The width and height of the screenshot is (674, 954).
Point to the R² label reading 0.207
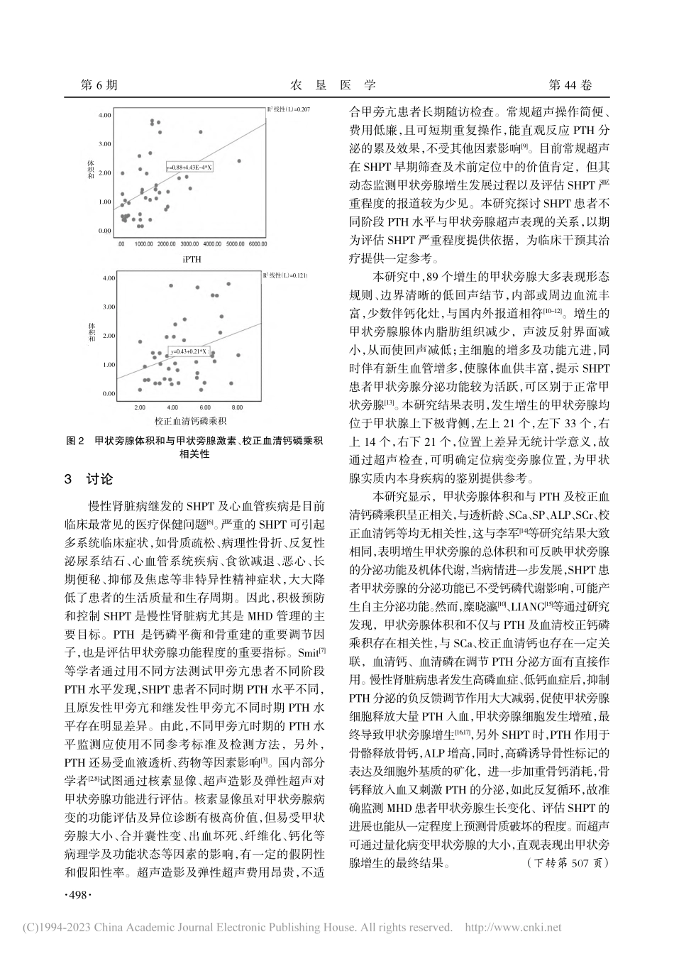click(289, 109)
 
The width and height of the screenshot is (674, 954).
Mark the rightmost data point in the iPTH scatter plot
click(238, 160)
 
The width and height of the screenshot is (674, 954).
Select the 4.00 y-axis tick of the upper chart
click(104, 115)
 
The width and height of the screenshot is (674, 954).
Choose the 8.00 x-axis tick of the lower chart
click(237, 408)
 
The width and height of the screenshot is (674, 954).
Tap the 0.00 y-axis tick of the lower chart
click(108, 393)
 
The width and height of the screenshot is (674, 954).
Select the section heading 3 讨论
click(88, 479)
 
